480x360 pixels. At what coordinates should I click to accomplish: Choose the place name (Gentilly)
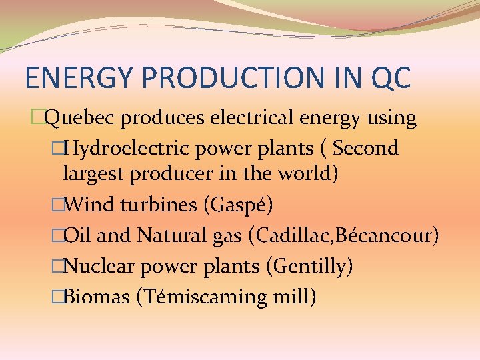pos(309,267)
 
